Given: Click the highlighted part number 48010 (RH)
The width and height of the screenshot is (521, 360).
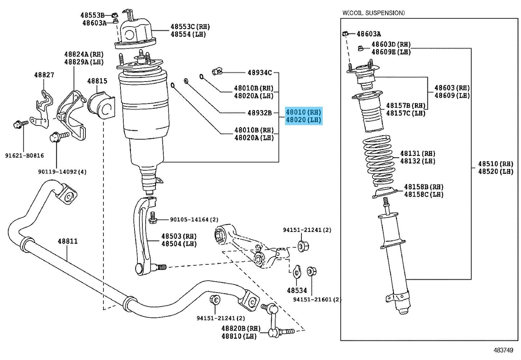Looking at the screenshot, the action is pyautogui.click(x=303, y=112).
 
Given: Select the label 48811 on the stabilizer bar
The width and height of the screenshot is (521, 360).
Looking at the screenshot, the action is pyautogui.click(x=68, y=241).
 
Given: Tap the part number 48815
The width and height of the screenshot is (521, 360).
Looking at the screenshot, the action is pyautogui.click(x=97, y=81).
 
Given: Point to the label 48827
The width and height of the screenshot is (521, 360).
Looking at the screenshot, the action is pyautogui.click(x=44, y=75).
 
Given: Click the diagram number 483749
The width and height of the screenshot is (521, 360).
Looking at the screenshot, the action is pyautogui.click(x=503, y=350).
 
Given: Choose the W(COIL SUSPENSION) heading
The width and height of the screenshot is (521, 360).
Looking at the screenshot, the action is pyautogui.click(x=374, y=13).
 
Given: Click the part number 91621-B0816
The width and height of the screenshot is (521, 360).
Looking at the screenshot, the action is pyautogui.click(x=25, y=155).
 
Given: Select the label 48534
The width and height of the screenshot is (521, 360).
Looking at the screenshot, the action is pyautogui.click(x=297, y=290).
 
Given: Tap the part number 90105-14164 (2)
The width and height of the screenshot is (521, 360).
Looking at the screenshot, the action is pyautogui.click(x=194, y=219).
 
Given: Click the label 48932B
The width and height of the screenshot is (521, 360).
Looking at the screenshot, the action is pyautogui.click(x=260, y=113).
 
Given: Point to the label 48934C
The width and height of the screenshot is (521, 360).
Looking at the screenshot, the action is pyautogui.click(x=260, y=73).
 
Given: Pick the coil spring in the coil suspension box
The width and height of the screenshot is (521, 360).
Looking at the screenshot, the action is pyautogui.click(x=377, y=161).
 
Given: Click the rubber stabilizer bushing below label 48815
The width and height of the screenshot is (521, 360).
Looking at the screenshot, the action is pyautogui.click(x=102, y=106).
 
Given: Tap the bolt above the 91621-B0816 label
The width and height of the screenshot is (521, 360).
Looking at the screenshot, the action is pyautogui.click(x=21, y=124).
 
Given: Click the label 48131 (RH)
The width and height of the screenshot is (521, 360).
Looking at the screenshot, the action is pyautogui.click(x=418, y=153).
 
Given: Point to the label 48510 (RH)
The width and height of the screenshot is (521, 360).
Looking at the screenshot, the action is pyautogui.click(x=496, y=164).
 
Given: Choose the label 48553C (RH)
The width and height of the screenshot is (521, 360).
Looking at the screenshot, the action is pyautogui.click(x=190, y=27).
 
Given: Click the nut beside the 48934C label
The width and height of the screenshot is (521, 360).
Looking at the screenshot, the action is pyautogui.click(x=217, y=71).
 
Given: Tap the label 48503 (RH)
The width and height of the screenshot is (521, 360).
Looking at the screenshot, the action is pyautogui.click(x=179, y=236).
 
